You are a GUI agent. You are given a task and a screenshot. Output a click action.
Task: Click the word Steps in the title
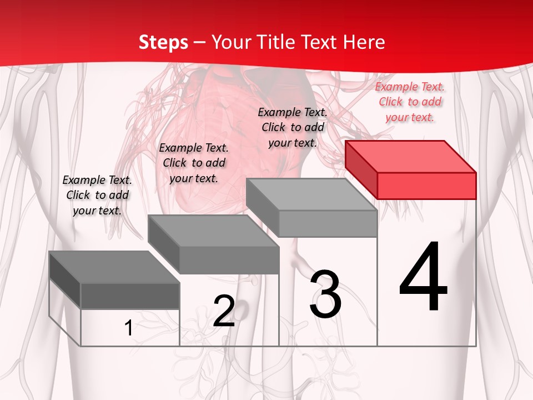tap(163, 42)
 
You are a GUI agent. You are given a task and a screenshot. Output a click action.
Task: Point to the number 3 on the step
tap(325, 294)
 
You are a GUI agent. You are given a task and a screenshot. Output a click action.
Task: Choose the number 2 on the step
tap(224, 311)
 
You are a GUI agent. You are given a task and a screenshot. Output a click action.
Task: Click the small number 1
tap(128, 328)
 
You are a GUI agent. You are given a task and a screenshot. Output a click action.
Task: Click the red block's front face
tap(426, 186)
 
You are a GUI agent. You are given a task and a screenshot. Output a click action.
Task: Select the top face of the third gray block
tap(311, 194)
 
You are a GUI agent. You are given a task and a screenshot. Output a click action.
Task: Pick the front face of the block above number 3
tap(328, 223)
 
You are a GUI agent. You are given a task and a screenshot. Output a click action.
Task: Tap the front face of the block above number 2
tap(229, 260)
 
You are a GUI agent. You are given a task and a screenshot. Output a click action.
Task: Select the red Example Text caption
tap(410, 102)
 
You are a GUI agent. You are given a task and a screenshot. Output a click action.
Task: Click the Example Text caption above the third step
tap(293, 127)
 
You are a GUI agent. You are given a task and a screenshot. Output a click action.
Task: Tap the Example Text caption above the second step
tap(194, 163)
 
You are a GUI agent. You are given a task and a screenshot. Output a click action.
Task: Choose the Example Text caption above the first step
tap(97, 195)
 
